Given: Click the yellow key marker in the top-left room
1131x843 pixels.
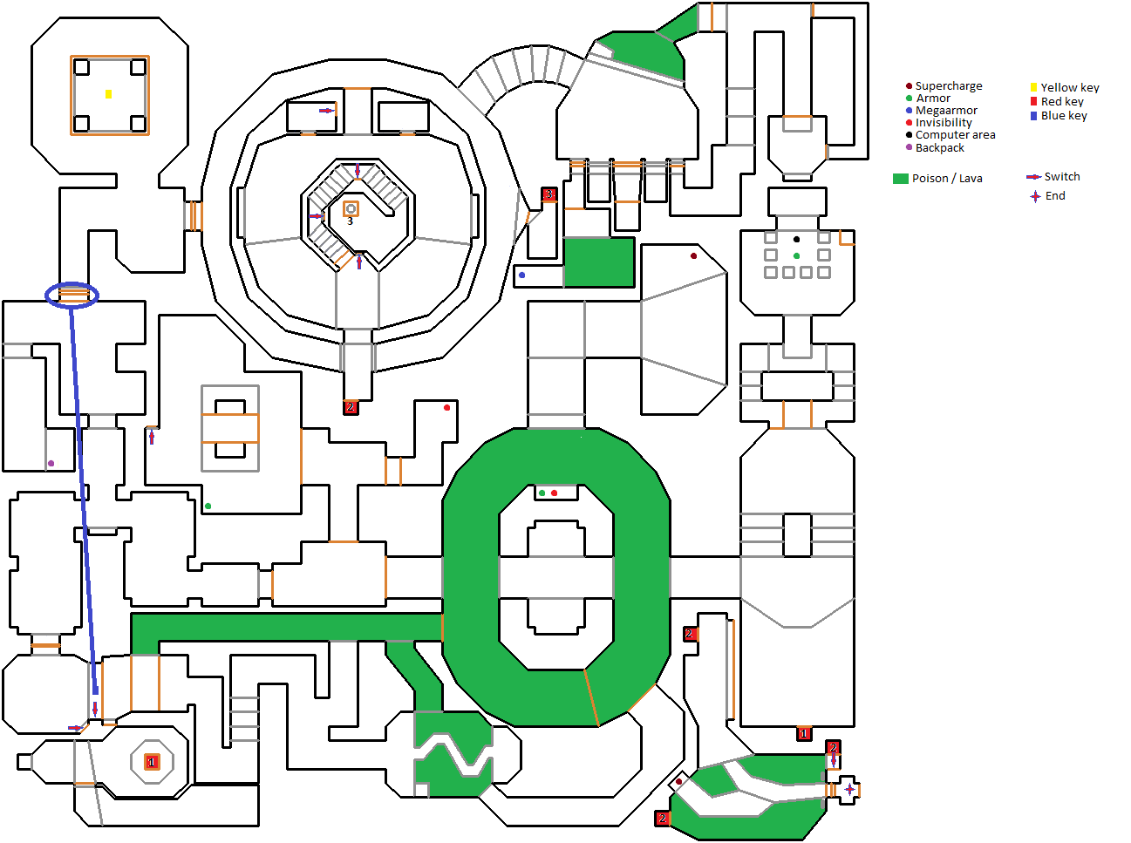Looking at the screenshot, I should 108,93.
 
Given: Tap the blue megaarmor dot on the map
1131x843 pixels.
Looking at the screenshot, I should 522,275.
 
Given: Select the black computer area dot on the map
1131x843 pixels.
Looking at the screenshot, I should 796,239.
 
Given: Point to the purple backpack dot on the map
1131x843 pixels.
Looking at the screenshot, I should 51,463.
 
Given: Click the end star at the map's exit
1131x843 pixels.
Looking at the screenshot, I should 849,789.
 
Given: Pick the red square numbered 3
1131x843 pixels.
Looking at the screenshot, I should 549,194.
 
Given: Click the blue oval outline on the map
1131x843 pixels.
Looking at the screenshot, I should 72,295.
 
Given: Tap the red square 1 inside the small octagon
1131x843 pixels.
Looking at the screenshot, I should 152,762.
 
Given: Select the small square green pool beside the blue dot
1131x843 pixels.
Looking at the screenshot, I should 599,262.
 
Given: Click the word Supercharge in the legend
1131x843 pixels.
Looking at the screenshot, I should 949,86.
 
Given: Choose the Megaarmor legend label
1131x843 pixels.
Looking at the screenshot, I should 946,111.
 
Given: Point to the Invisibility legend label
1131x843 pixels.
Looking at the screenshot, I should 944,123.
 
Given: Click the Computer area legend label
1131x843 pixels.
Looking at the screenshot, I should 955,135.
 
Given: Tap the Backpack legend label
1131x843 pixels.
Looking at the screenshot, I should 939,147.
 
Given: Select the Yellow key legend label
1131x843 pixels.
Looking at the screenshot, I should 1070,87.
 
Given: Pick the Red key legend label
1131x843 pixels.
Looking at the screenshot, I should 1062,101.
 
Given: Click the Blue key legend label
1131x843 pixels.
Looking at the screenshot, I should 1064,115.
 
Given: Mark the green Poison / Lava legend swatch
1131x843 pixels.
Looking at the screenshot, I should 901,179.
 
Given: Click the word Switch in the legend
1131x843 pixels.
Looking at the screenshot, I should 1062,177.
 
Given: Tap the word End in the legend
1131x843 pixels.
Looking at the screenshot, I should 1055,196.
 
